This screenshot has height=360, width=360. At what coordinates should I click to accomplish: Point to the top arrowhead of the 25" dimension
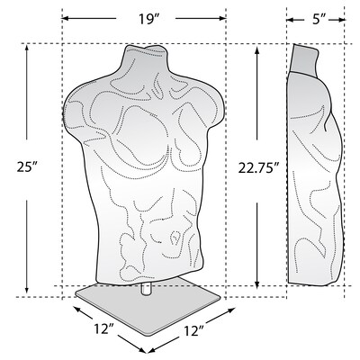pyautogui.click(x=27, y=48)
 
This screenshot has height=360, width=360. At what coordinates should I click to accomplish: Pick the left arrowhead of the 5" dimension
pyautogui.click(x=290, y=18)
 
